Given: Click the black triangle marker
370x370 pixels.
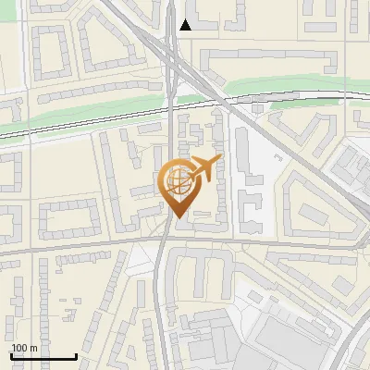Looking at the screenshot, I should (186, 25).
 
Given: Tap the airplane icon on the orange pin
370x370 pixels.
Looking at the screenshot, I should (205, 167).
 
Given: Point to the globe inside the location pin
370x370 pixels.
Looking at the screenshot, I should (177, 178).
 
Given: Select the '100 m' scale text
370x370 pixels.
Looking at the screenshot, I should (24, 348).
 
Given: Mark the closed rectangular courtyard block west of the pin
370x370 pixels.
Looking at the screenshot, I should (69, 218).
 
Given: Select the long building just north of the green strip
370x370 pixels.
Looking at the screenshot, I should (268, 62).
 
